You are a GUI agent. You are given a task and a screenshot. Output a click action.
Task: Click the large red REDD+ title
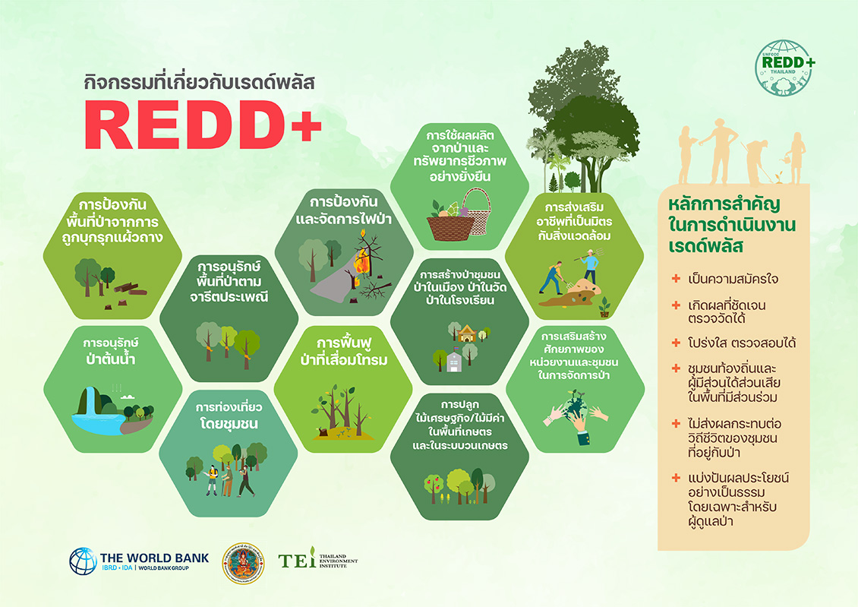[203, 125]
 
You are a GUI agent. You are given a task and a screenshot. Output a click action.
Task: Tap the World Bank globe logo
[84, 561]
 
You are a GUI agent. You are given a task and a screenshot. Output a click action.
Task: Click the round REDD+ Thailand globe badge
[784, 68]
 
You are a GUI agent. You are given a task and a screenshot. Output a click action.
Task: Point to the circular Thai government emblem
[243, 563]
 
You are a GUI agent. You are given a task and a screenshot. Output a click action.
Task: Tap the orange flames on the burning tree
[361, 262]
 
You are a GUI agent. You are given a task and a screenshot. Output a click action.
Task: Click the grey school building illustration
[454, 361]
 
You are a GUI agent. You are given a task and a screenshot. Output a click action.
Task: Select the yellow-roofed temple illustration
[467, 334]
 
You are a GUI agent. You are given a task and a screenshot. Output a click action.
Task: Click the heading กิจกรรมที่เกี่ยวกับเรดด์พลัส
[199, 83]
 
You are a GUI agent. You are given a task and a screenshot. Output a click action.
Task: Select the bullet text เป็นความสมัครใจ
[733, 279]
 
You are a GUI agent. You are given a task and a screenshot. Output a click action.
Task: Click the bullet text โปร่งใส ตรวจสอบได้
[741, 343]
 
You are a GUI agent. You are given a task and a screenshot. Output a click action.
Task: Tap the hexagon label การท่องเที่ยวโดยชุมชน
[229, 416]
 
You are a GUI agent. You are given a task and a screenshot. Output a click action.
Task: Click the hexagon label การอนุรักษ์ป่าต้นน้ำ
[111, 352]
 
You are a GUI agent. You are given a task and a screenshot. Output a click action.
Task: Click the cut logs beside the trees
[131, 289]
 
